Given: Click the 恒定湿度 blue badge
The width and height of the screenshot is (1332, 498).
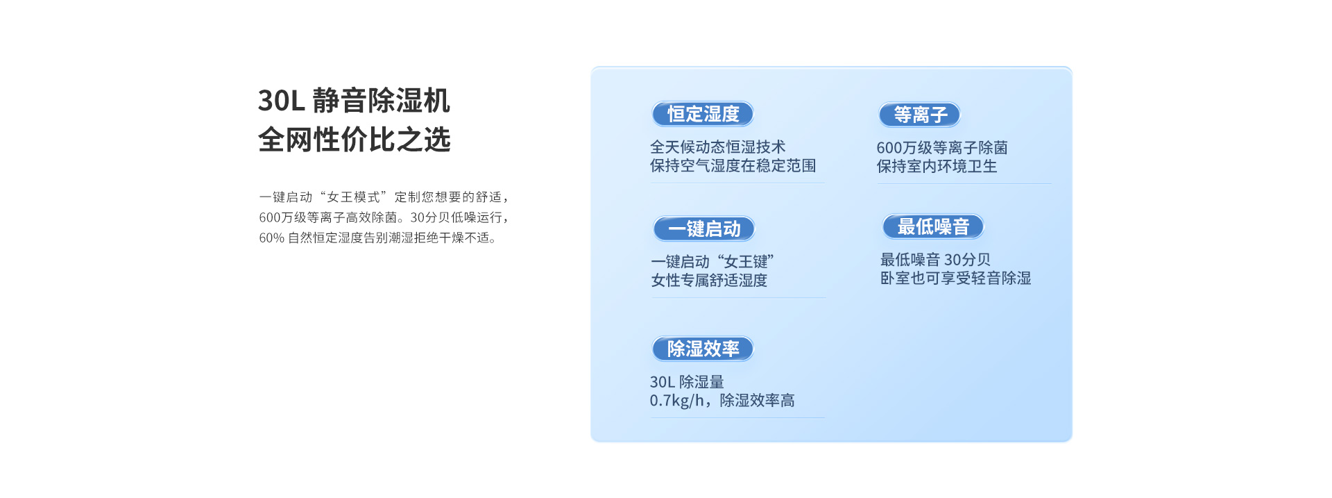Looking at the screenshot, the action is [703, 114].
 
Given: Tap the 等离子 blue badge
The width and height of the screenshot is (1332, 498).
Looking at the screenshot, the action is [920, 115].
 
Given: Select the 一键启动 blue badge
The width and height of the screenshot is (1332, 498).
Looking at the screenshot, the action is [704, 229].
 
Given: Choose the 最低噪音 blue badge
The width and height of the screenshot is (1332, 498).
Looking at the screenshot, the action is [933, 226].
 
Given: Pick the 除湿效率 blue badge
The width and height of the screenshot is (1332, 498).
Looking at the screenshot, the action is [703, 349].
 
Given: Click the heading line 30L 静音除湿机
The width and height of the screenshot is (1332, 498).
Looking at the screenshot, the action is [354, 101].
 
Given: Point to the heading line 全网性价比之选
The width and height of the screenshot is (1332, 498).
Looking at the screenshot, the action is [355, 140].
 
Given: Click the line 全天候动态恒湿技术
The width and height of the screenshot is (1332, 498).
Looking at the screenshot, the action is [717, 147].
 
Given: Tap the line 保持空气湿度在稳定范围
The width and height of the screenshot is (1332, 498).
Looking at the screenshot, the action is [733, 166].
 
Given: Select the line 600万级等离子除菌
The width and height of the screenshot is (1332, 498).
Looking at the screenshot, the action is [942, 148].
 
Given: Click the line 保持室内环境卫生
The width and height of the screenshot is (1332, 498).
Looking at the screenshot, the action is [937, 167].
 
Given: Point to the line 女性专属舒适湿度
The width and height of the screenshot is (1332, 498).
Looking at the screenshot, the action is [709, 281].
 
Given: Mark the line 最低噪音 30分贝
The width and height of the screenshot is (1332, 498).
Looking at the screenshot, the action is [935, 260].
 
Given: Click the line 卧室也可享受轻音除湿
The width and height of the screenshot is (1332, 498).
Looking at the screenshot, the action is [955, 279].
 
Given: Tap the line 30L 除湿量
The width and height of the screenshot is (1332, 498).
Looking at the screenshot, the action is [687, 382].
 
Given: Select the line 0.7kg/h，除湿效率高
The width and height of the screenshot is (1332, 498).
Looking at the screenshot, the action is [722, 401].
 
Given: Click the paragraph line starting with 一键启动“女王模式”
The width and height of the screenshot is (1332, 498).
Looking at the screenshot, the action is [384, 197].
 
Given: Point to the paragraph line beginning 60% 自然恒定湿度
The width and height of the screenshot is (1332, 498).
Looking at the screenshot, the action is [378, 238].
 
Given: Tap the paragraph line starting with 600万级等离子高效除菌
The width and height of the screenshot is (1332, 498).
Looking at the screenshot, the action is [384, 217].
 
